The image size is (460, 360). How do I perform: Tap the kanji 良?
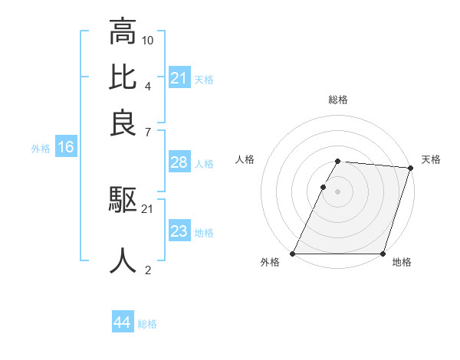click(123, 123)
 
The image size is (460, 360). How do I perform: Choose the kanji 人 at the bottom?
click(123, 260)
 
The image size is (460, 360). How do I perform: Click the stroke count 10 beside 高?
click(148, 39)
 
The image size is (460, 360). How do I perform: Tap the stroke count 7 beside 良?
click(147, 133)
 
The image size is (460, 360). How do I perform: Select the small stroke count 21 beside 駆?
click(148, 209)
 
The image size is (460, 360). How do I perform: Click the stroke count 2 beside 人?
click(147, 269)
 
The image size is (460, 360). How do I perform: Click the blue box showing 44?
click(123, 323)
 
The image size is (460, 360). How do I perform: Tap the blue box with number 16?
click(66, 147)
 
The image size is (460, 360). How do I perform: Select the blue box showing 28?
click(179, 162)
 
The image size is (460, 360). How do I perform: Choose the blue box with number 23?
click(179, 231)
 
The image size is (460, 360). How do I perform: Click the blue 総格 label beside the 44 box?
click(148, 324)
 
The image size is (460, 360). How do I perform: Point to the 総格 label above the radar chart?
click(338, 100)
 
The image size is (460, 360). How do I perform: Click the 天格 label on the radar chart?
click(431, 159)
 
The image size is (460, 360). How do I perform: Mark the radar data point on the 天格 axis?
click(410, 168)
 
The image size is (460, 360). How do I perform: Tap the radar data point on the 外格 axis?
click(293, 254)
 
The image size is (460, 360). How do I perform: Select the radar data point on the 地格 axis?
click(383, 254)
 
